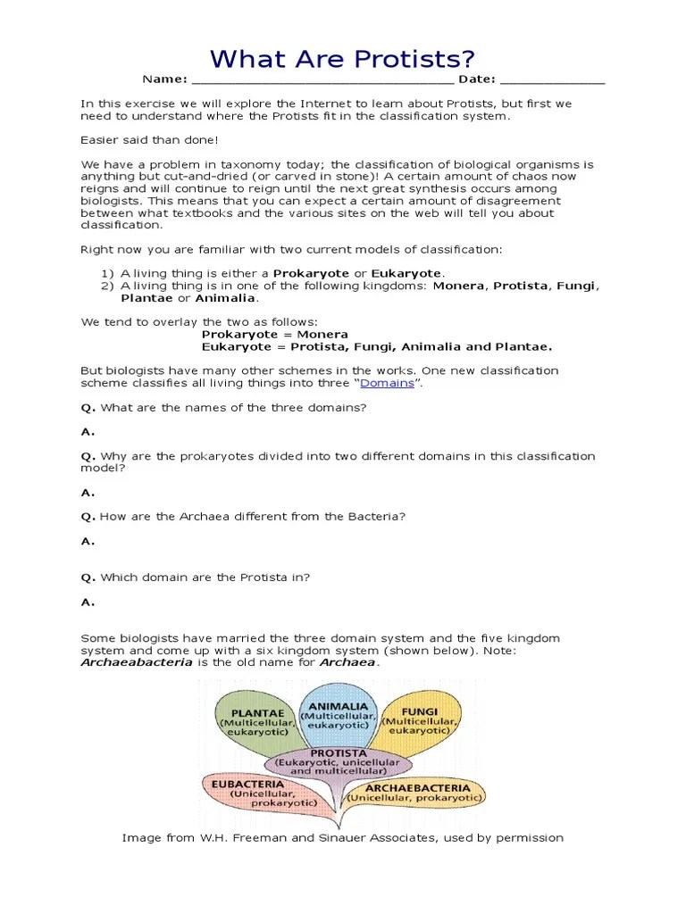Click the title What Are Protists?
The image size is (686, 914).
(x=342, y=60)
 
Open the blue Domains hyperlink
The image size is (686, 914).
(x=387, y=383)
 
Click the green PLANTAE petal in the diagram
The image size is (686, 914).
(x=255, y=719)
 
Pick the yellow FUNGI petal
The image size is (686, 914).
(x=419, y=719)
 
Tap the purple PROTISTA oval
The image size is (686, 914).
(x=340, y=764)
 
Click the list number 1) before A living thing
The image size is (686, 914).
(x=107, y=273)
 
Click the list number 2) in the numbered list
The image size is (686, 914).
(x=107, y=286)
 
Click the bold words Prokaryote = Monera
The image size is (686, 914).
(x=274, y=335)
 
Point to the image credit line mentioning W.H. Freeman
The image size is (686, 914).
(x=342, y=838)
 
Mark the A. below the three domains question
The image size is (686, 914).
(x=88, y=432)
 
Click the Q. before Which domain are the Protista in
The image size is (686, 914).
(x=88, y=577)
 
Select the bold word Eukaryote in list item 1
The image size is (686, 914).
(x=406, y=273)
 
